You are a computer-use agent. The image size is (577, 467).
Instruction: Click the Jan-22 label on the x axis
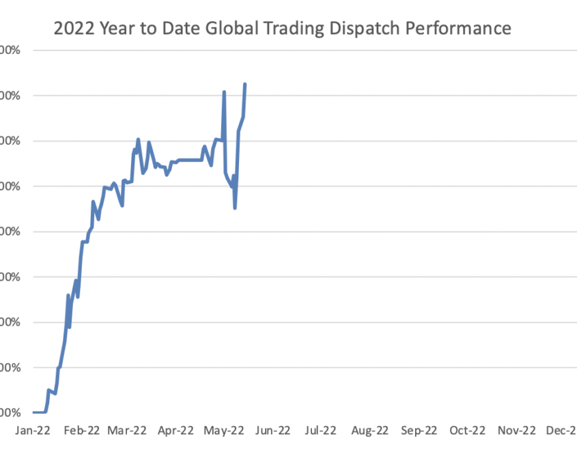[x=32, y=430]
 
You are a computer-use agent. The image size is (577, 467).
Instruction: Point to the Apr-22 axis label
[x=176, y=430]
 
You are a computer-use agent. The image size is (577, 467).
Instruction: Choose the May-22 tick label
[x=225, y=430]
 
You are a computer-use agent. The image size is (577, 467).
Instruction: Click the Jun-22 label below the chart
[x=272, y=430]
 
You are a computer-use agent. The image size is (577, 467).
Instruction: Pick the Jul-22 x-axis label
[x=320, y=430]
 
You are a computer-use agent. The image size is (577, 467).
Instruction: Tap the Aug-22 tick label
[x=369, y=430]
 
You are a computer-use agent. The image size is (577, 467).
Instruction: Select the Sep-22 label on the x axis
[x=419, y=430]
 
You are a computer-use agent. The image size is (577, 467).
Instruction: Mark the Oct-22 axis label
[x=468, y=430]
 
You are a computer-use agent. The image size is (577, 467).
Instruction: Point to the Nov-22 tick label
[x=516, y=430]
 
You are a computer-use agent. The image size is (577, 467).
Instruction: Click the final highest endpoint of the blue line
[x=245, y=84]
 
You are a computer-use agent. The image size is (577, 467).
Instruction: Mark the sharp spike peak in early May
[x=224, y=91]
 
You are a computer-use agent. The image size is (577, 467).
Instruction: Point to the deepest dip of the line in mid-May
[x=235, y=208]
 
